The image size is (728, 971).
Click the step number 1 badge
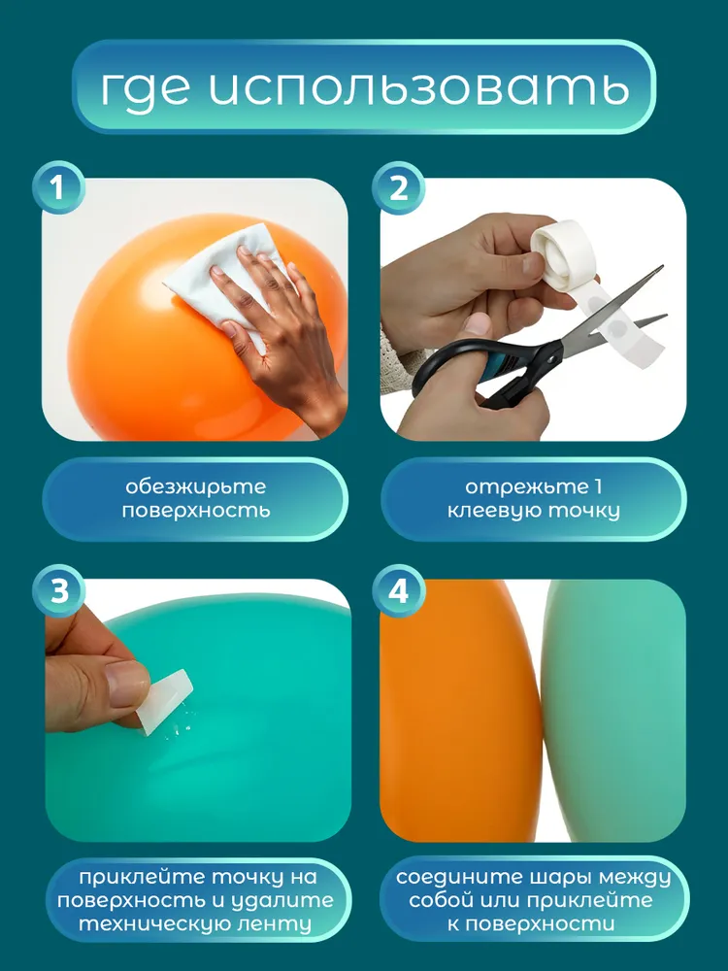[x=58, y=187]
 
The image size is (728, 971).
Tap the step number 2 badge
[x=398, y=187]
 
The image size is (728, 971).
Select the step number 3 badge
[x=58, y=590]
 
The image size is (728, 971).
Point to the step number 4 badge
[x=398, y=590]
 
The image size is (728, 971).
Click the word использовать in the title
[x=418, y=87]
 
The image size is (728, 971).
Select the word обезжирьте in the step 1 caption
[x=196, y=486]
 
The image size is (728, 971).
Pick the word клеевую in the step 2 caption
[x=494, y=511]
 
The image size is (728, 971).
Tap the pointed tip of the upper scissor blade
[x=662, y=268]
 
